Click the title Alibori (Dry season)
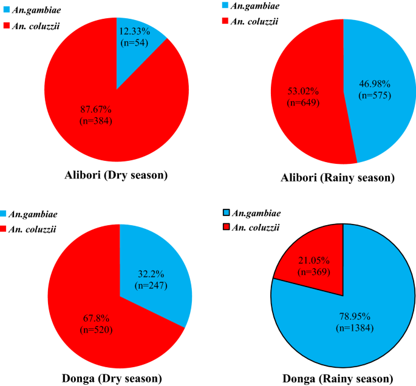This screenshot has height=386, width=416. (x=116, y=176)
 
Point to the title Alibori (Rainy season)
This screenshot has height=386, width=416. (x=343, y=178)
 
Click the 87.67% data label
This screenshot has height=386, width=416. (x=100, y=109)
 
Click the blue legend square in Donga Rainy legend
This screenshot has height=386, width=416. (x=227, y=212)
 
